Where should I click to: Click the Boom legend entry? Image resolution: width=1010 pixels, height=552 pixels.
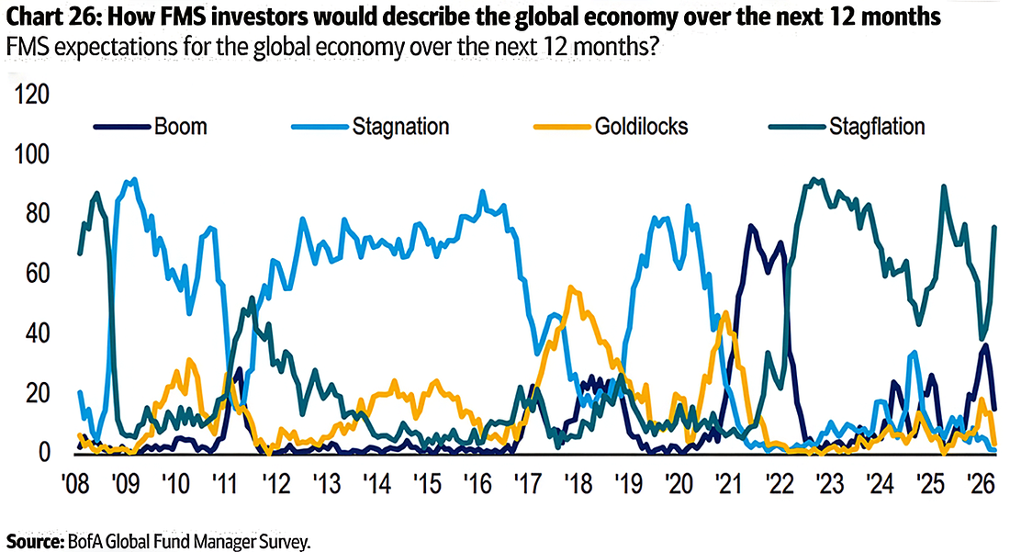click(x=180, y=127)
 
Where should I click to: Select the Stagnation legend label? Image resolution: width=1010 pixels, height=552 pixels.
click(x=401, y=127)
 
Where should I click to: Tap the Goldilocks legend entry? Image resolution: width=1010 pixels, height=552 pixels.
click(x=627, y=127)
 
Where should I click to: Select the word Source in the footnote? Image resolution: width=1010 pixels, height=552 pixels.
click(x=31, y=542)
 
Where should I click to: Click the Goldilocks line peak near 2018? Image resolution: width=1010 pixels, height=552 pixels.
click(x=571, y=288)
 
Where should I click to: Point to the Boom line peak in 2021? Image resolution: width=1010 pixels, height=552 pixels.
click(x=751, y=226)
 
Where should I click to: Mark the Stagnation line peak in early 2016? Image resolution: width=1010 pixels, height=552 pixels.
click(x=482, y=192)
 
